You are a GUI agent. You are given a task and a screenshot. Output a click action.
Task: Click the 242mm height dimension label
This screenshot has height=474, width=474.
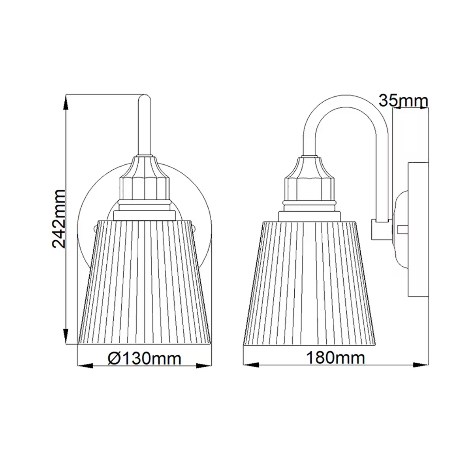[x=59, y=218]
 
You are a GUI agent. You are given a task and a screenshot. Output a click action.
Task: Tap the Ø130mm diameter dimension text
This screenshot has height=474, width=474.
[x=145, y=359]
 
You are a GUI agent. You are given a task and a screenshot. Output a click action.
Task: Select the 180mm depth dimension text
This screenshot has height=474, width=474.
[x=335, y=358]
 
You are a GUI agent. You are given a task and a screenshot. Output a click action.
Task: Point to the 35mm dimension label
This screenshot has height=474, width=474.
[x=403, y=101]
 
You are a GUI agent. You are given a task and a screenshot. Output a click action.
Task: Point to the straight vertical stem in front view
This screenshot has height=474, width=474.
[x=145, y=126]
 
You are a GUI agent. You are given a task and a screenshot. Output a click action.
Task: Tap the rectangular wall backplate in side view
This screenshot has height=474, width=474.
[x=418, y=229]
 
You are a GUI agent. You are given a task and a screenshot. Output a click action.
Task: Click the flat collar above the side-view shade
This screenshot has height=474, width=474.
[x=309, y=216]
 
